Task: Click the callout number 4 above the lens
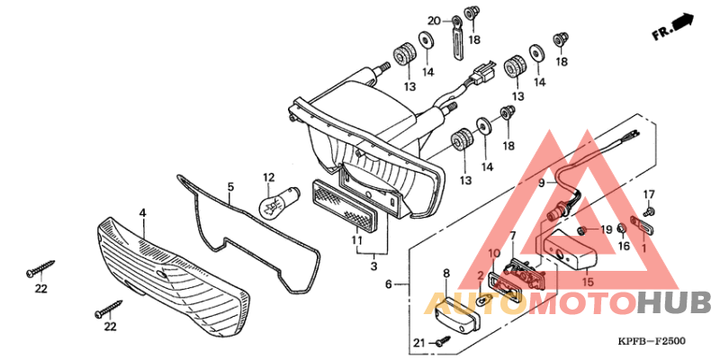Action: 142,213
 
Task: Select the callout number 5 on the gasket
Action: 230,188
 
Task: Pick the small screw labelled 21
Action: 442,341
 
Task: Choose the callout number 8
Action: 445,273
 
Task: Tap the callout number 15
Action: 589,283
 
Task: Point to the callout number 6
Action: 389,284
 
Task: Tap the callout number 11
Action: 356,241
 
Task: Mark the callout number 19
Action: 606,229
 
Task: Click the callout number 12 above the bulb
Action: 268,177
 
